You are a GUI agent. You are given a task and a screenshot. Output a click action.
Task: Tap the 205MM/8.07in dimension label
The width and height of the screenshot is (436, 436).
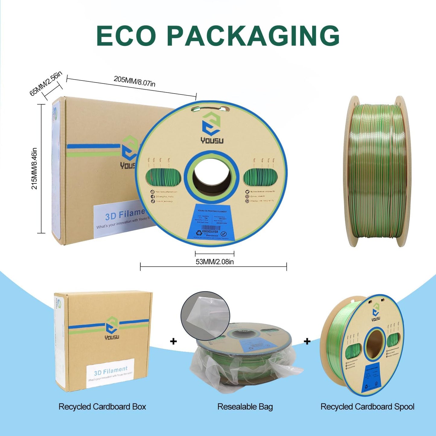pyautogui.click(x=135, y=81)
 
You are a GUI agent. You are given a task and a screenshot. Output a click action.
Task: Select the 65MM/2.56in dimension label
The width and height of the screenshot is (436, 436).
pyautogui.click(x=46, y=83)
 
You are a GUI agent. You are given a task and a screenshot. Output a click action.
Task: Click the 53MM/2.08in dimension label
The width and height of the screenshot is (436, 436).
pyautogui.click(x=215, y=262)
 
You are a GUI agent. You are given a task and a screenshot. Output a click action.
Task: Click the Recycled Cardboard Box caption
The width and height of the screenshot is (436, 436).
pyautogui.click(x=102, y=407)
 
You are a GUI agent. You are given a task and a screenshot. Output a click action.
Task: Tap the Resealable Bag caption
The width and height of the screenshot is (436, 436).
pyautogui.click(x=245, y=407)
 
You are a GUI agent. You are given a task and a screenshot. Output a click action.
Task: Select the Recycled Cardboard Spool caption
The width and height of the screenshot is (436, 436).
pyautogui.click(x=367, y=407)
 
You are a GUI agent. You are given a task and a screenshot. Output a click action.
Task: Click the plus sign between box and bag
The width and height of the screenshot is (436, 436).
pyautogui.click(x=173, y=341)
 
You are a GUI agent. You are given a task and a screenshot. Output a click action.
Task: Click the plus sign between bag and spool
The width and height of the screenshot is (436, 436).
pyautogui.click(x=307, y=341)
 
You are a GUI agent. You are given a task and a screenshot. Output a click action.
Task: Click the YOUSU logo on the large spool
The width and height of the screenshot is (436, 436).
pyautogui.click(x=212, y=128)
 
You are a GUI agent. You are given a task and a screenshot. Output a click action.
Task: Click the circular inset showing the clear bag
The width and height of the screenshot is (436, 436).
pyautogui.click(x=205, y=316)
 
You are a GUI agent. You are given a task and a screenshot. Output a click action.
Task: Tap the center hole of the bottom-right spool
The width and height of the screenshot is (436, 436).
pyautogui.click(x=374, y=344)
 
